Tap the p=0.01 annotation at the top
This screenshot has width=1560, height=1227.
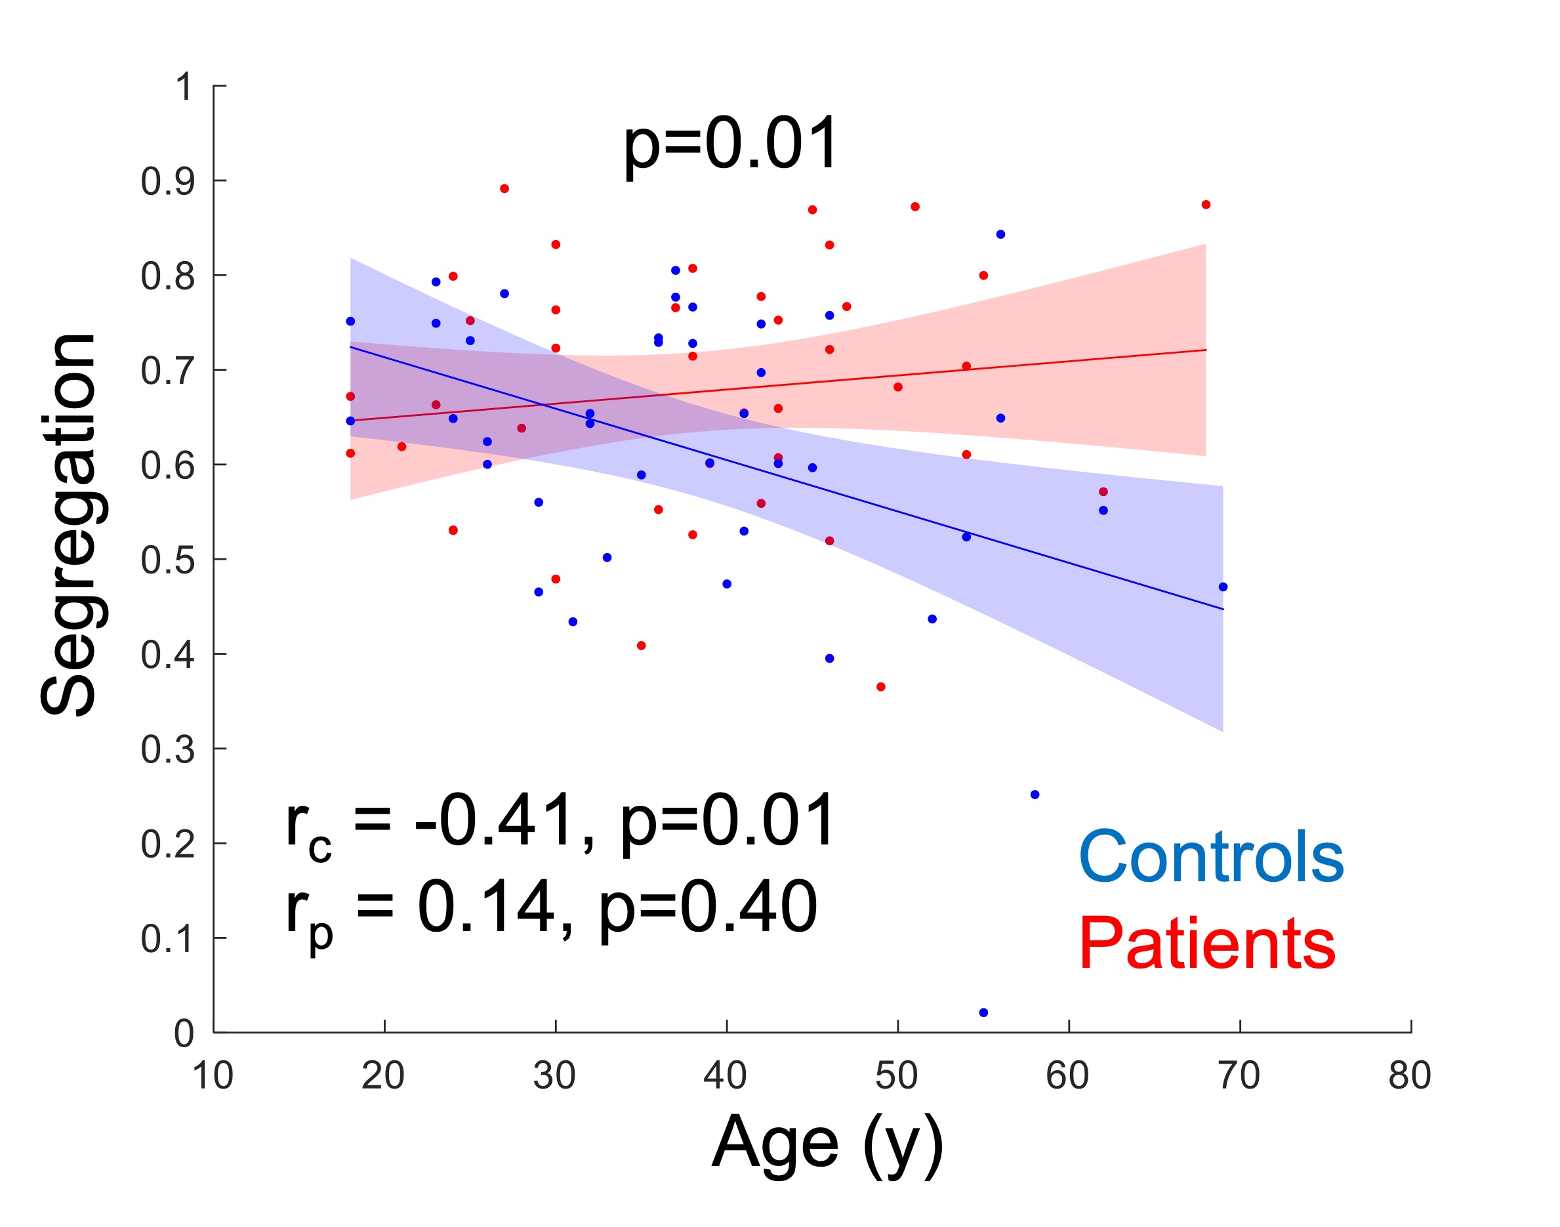coord(729,144)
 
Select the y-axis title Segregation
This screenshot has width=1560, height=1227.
coord(68,524)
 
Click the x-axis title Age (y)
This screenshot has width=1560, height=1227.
coord(826,1143)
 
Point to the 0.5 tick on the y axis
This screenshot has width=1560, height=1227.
coord(167,560)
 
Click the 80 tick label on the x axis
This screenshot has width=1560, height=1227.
coord(1410,1075)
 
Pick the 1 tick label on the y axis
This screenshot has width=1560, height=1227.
coord(184,87)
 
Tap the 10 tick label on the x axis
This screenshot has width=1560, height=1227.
coord(213,1075)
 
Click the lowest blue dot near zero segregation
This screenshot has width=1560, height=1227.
coord(983,1012)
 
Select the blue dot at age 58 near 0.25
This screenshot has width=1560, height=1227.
coord(1035,795)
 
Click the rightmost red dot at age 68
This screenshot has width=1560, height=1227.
coord(1206,205)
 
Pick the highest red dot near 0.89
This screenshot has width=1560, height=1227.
coord(504,189)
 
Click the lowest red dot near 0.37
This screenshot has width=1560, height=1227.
coord(880,687)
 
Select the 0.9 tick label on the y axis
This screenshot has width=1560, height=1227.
coord(167,182)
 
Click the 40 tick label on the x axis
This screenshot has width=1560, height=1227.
coord(726,1075)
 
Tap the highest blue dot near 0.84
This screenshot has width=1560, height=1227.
coord(1000,234)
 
